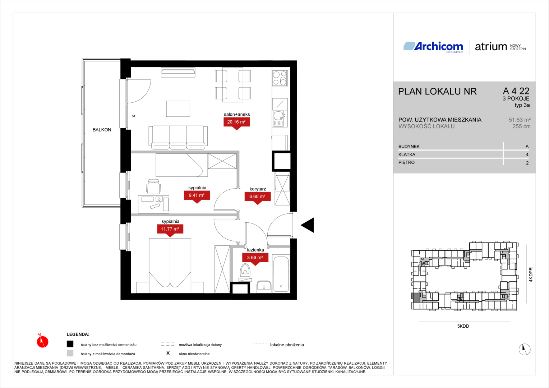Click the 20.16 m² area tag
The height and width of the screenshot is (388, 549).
tap(236, 122)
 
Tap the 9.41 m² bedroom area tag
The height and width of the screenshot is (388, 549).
tap(197, 195)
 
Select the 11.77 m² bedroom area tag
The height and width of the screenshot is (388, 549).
tap(170, 229)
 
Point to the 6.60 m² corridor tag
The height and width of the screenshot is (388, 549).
tap(257, 197)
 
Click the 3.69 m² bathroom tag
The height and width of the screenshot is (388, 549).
tap(255, 258)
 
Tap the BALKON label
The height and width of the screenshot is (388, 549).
tap(102, 130)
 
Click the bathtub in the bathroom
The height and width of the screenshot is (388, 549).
tap(281, 274)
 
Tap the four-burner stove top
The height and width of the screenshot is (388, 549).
tap(280, 78)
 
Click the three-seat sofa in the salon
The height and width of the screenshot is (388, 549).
tap(178, 138)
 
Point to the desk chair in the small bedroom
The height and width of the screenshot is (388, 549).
tap(154, 186)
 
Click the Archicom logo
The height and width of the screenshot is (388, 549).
tap(433, 47)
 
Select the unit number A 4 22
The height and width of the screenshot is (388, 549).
tap(516, 91)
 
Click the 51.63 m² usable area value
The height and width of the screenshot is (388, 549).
tap(520, 120)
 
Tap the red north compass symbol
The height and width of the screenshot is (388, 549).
tap(42, 341)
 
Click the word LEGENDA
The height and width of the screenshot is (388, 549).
tap(78, 334)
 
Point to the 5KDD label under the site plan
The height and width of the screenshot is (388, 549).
tap(463, 326)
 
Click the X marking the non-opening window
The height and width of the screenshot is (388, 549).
tap(134, 116)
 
